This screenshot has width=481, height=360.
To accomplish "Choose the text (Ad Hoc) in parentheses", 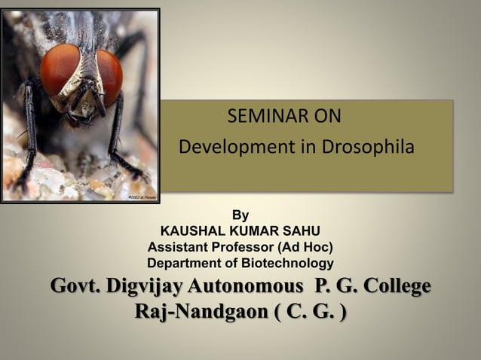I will (305, 247).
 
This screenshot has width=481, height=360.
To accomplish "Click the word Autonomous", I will (245, 287).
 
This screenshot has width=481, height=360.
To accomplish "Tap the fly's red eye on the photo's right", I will (109, 76).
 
